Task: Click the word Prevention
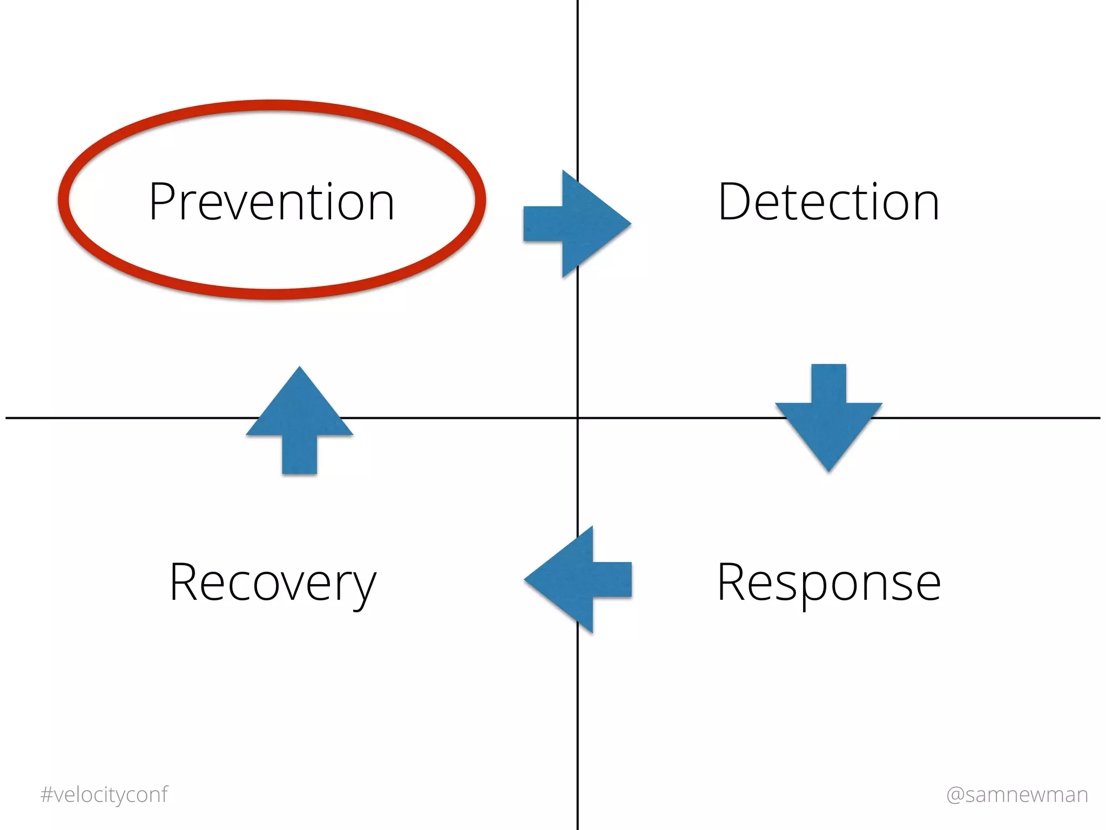pos(272,202)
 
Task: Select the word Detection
pos(828,202)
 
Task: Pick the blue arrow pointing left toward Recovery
pos(578,579)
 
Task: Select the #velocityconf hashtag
pos(104,794)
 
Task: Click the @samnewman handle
pos(1017,794)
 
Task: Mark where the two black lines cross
pos(577,418)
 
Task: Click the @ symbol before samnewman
pos(955,795)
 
